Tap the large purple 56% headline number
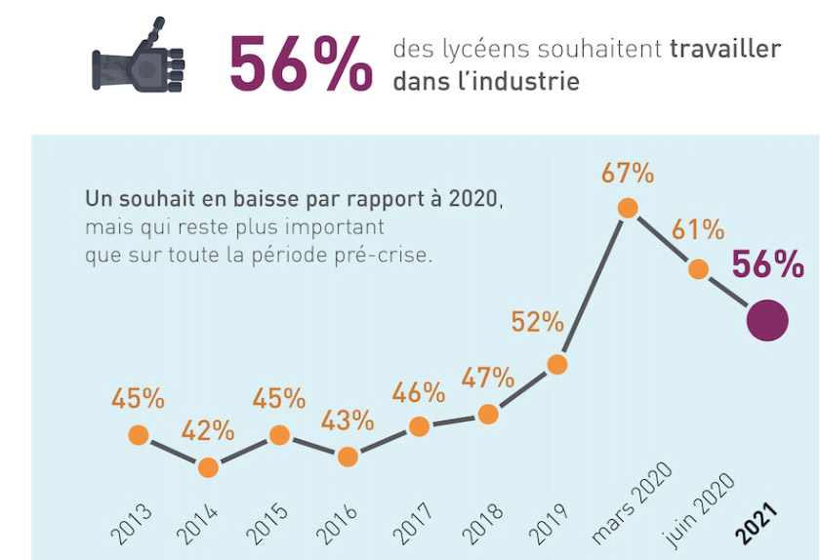[300, 64]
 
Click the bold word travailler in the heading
[725, 49]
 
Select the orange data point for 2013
[139, 435]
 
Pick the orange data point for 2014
[208, 467]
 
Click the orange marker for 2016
[348, 457]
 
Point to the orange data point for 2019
[557, 364]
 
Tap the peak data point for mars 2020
[628, 208]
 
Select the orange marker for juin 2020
[697, 269]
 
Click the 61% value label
[698, 230]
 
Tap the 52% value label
[538, 321]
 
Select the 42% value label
[207, 429]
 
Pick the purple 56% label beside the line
[767, 264]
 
